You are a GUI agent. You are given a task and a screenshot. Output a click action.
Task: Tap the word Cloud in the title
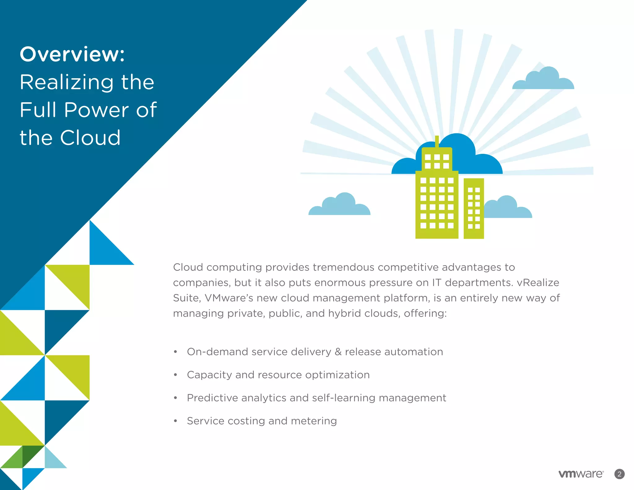click(x=90, y=138)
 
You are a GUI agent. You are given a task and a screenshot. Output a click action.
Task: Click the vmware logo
click(x=581, y=474)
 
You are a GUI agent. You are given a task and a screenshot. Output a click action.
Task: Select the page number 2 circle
click(x=619, y=474)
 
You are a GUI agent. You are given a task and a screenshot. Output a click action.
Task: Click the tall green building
click(x=436, y=204)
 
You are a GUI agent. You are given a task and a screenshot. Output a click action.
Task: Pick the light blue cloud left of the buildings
click(x=340, y=206)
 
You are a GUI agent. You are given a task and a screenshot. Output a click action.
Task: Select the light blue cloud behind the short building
click(x=508, y=209)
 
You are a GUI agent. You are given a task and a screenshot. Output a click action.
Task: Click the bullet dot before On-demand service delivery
click(x=176, y=352)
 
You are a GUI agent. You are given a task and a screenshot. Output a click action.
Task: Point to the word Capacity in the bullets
click(x=209, y=375)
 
